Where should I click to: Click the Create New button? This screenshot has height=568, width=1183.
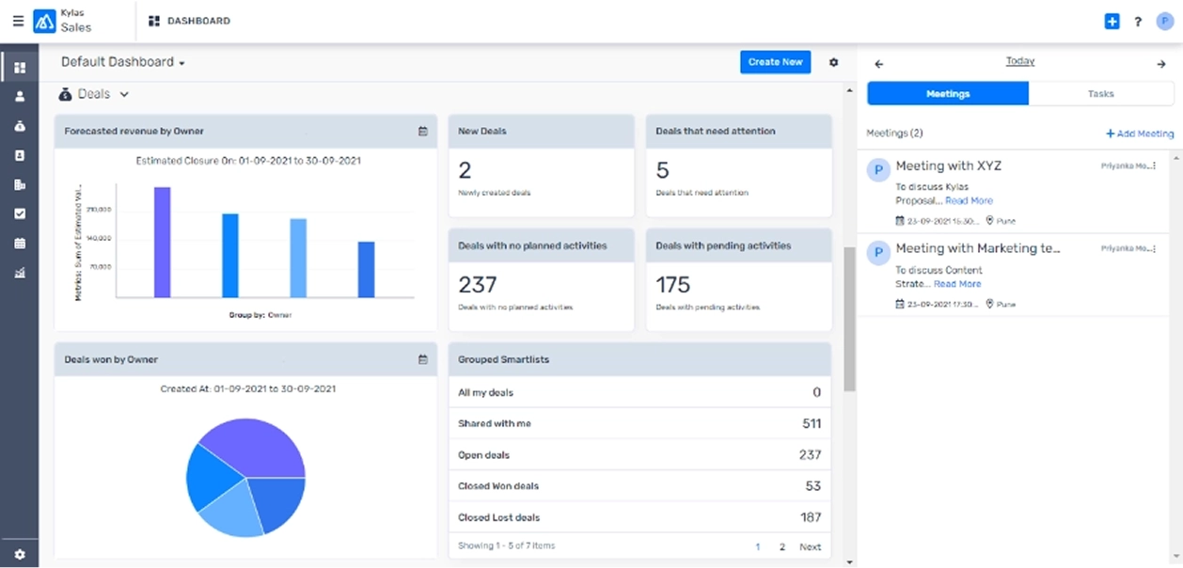pyautogui.click(x=775, y=62)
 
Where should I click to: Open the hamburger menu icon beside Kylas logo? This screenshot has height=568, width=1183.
pyautogui.click(x=18, y=21)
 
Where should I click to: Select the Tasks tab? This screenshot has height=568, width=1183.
pyautogui.click(x=1100, y=94)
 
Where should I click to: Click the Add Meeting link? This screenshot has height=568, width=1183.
pyautogui.click(x=1140, y=134)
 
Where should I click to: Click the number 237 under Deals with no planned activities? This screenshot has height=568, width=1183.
pyautogui.click(x=477, y=284)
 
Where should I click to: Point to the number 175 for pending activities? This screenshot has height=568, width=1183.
pyautogui.click(x=672, y=284)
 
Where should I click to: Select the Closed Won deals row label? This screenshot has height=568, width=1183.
pyautogui.click(x=497, y=486)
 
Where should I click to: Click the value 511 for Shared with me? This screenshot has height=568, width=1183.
pyautogui.click(x=810, y=424)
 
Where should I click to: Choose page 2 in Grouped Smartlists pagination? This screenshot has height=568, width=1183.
pyautogui.click(x=781, y=546)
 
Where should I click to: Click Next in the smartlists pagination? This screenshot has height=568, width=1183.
pyautogui.click(x=810, y=546)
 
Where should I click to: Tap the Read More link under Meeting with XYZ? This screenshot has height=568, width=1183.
pyautogui.click(x=969, y=201)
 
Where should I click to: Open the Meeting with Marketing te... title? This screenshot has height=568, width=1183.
pyautogui.click(x=977, y=249)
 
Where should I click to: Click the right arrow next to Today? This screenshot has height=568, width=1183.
pyautogui.click(x=1160, y=64)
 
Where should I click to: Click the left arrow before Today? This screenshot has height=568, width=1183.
pyautogui.click(x=879, y=64)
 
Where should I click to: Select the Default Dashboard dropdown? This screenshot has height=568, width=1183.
pyautogui.click(x=123, y=62)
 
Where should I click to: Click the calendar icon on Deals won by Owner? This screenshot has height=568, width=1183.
pyautogui.click(x=423, y=359)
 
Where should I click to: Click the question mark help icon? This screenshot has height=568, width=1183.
pyautogui.click(x=1138, y=22)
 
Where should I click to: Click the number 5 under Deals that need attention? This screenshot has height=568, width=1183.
pyautogui.click(x=662, y=170)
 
